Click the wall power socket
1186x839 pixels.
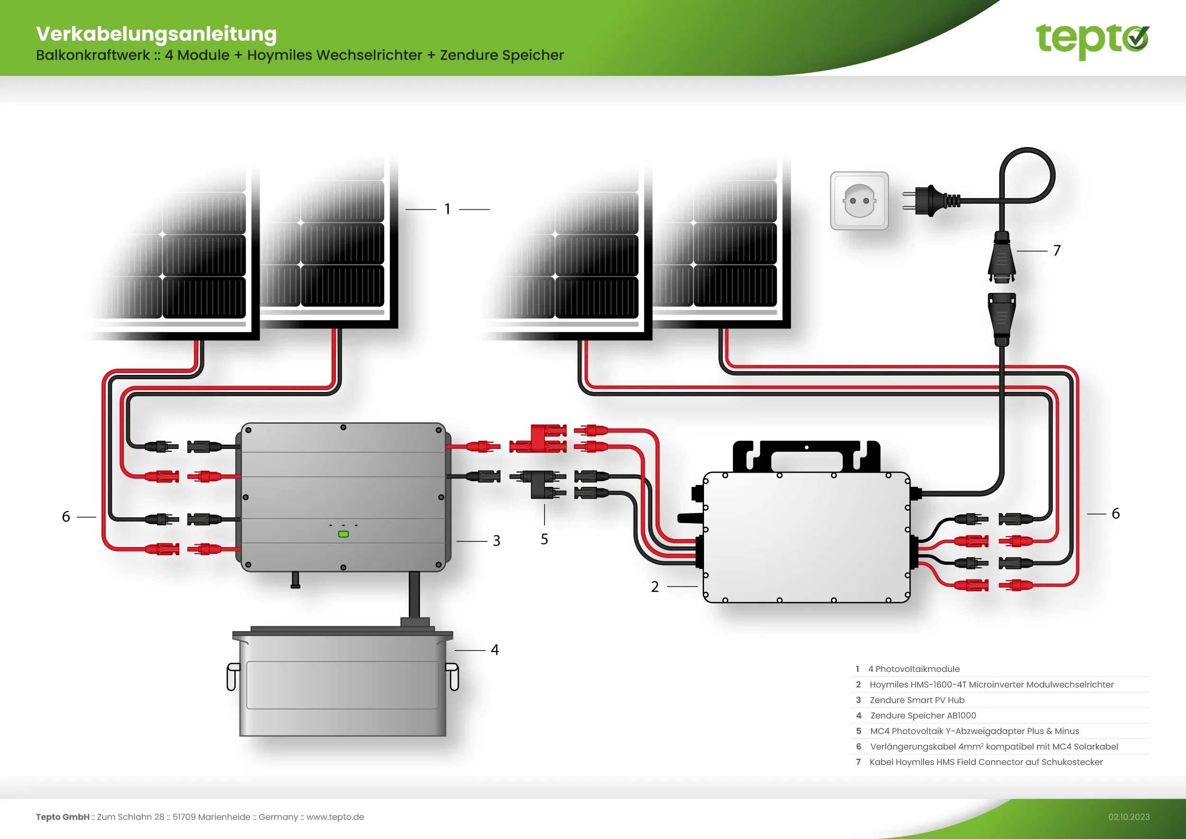pos(859,201)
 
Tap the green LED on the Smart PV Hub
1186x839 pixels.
pos(343,534)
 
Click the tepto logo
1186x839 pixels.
pos(1093,40)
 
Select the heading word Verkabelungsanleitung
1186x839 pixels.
pos(157,34)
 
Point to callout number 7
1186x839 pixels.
pos(1057,251)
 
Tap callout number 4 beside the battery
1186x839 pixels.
pos(495,650)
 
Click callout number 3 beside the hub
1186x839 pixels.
pos(496,541)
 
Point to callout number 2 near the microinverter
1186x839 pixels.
pos(655,587)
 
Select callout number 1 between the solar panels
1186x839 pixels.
pos(448,209)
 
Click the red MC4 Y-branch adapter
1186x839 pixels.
pos(538,438)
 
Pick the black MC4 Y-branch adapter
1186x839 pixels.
pos(538,484)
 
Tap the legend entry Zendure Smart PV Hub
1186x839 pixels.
pos(917,700)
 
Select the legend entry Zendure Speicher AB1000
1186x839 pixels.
pos(923,716)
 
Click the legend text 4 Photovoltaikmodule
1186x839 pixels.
pos(914,669)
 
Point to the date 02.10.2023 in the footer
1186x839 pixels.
pos(1129,817)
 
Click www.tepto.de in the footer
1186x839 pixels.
pos(335,817)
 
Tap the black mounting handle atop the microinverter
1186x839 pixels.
pos(806,456)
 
